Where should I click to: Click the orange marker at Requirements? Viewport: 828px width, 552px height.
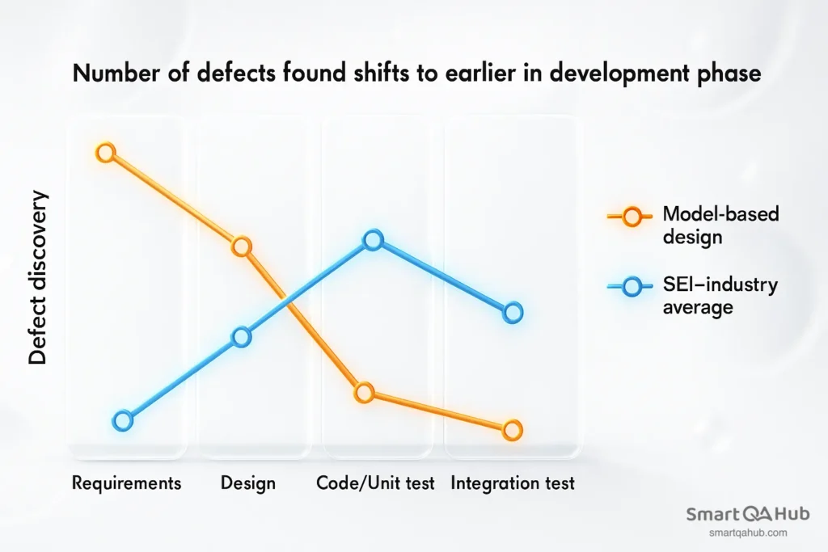106,152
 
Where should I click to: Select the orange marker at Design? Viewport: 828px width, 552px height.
242,247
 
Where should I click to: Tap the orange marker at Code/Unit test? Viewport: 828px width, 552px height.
365,394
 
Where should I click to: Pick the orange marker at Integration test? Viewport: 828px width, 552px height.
511,431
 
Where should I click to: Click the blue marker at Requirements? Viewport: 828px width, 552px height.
122,420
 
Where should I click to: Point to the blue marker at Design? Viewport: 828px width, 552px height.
242,338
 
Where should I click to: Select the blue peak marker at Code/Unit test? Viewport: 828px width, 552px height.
373,240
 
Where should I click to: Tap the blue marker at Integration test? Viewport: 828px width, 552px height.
513,313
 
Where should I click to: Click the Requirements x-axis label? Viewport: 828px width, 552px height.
126,483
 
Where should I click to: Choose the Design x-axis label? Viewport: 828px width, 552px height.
248,483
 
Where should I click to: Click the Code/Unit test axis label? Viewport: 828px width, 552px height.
375,483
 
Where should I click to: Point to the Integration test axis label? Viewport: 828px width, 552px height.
513,483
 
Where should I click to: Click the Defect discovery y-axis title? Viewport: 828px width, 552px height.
38,279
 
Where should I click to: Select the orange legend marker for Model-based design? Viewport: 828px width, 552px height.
632,216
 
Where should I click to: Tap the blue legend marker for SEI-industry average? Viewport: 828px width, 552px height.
632,286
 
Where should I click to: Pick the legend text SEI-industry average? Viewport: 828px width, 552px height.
720,296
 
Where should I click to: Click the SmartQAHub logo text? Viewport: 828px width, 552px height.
748,514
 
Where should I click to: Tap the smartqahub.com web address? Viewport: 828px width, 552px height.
748,533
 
